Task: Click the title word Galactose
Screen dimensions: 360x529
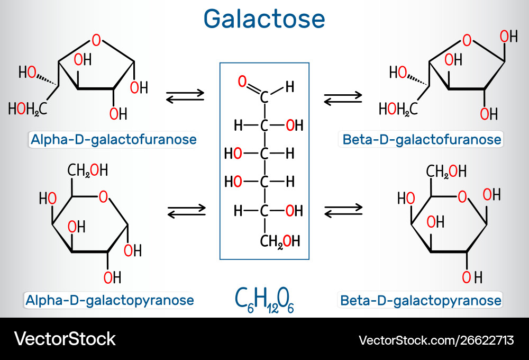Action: tap(264, 19)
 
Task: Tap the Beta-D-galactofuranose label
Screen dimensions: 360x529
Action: tap(421, 140)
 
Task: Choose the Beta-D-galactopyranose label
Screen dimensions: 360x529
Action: tap(421, 301)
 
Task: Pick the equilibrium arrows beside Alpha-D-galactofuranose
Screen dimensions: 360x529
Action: tap(185, 96)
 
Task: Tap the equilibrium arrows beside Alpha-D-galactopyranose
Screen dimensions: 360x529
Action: tap(186, 211)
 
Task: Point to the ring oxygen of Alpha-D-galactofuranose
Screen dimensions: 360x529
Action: tap(96, 39)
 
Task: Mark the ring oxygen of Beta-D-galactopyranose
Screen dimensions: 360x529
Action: tap(462, 197)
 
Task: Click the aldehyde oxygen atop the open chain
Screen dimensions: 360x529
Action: tap(242, 82)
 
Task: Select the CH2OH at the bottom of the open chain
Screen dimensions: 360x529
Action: tap(280, 241)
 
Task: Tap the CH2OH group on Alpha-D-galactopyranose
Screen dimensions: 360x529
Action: tap(88, 170)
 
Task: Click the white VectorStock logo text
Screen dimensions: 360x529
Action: tap(65, 338)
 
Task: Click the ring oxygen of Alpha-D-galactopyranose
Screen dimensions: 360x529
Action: tap(103, 197)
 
